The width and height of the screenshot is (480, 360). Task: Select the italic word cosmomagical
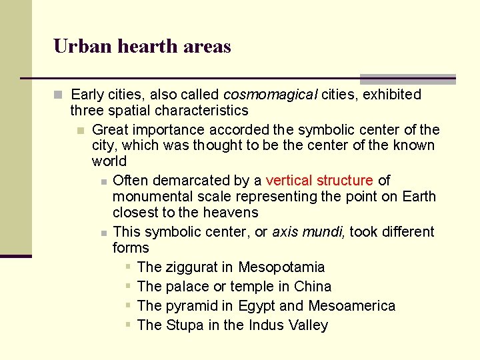point(270,95)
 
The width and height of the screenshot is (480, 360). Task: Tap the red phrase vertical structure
point(319,180)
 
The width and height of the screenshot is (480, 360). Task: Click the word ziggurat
point(191,267)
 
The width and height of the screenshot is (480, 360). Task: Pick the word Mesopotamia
point(281,267)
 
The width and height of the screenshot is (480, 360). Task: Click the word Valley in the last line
point(308,325)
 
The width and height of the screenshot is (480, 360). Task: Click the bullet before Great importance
point(80,129)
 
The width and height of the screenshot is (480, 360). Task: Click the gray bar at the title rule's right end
point(407,79)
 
